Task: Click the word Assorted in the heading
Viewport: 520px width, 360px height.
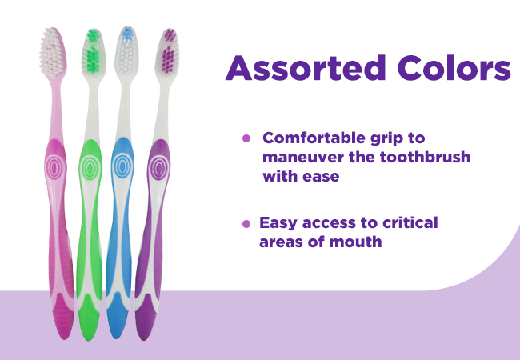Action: [306, 68]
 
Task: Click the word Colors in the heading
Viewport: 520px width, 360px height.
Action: [454, 68]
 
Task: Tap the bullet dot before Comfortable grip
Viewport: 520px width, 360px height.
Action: [246, 138]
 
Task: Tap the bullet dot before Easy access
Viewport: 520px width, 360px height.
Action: [246, 224]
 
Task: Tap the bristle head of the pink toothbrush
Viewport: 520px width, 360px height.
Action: [53, 52]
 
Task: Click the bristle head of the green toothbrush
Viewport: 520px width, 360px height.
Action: [94, 52]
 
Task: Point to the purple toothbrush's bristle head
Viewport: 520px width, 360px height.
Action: [168, 52]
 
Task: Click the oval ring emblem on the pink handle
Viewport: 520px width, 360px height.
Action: [55, 166]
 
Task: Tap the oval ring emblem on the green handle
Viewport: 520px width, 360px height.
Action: [90, 168]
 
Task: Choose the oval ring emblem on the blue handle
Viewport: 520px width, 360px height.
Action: [122, 166]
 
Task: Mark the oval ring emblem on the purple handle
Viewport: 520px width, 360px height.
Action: [159, 168]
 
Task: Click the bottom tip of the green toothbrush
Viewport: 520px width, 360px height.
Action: [89, 340]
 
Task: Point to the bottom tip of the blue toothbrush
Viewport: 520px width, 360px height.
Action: [117, 338]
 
